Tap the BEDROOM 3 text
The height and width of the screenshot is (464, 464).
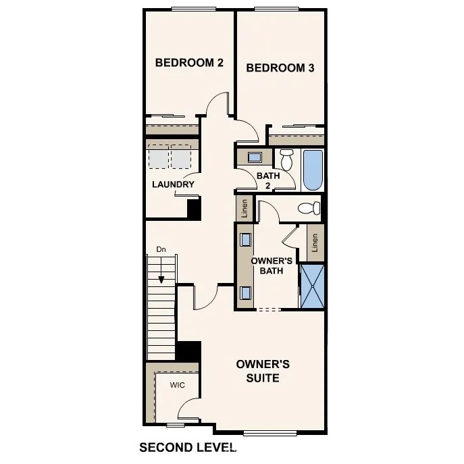pos(280,68)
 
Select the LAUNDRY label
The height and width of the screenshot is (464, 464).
pos(173,184)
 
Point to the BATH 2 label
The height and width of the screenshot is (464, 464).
pos(268,181)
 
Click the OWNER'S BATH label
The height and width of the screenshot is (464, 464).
pos(272,265)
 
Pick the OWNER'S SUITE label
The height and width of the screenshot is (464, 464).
pos(263,371)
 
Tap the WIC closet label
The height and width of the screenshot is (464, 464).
pos(177,385)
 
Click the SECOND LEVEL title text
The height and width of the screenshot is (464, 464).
pos(188,447)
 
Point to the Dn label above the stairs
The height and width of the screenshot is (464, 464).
pos(161,250)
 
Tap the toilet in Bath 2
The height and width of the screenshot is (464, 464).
pos(286,161)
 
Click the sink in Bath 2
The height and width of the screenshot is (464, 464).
pos(255,157)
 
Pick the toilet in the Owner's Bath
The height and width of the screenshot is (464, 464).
pos(309,208)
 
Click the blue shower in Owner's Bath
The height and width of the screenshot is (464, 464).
pos(312,286)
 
